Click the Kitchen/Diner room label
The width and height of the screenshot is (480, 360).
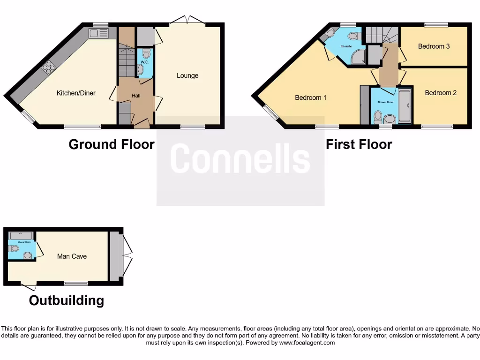76,93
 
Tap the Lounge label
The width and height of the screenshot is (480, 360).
187,75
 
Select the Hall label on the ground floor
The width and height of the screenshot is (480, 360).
136,96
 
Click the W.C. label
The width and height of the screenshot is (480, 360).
145,61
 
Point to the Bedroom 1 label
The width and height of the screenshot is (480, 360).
311,97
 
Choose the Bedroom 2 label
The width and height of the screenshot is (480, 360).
441,93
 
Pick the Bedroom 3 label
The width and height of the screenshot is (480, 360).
434,46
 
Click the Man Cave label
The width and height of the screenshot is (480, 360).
72,256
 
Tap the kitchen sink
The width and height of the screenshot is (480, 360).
98,33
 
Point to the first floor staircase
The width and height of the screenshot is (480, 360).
381,35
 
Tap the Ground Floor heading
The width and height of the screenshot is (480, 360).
112,144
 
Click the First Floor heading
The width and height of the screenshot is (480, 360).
359,144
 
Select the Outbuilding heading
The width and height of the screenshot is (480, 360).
67,300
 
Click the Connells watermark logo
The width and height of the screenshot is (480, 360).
240,158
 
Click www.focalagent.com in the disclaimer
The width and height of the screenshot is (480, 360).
307,343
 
